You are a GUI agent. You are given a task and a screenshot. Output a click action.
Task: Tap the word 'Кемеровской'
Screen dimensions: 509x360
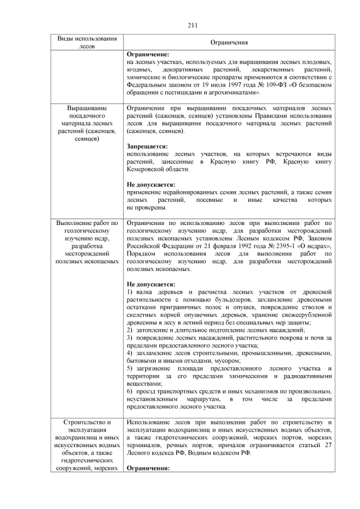(148, 169)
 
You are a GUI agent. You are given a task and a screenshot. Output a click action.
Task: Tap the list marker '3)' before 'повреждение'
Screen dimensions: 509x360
(130, 338)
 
